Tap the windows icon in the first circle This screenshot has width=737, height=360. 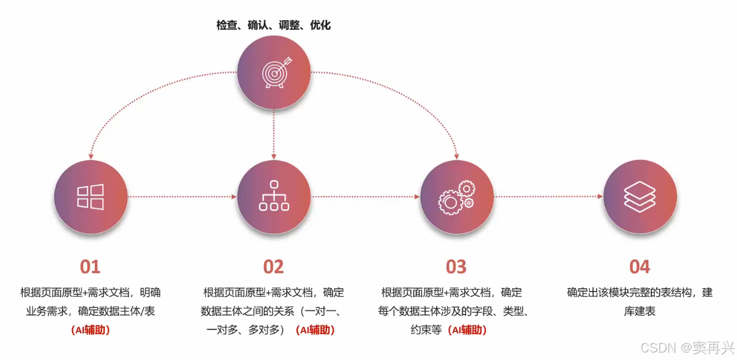(x=90, y=197)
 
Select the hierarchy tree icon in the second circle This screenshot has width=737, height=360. (x=274, y=196)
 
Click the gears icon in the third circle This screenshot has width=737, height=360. (x=456, y=196)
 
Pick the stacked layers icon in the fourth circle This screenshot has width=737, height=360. (x=640, y=197)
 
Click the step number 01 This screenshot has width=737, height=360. (x=90, y=267)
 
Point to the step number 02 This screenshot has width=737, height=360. (x=274, y=267)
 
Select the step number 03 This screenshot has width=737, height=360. (x=456, y=267)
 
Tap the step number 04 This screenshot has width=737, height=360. (x=640, y=267)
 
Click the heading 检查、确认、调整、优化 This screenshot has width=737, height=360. (x=274, y=25)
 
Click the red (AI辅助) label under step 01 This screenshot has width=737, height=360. (x=90, y=330)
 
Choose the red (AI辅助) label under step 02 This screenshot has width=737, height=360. (x=315, y=330)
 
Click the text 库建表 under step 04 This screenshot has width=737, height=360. (x=640, y=312)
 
